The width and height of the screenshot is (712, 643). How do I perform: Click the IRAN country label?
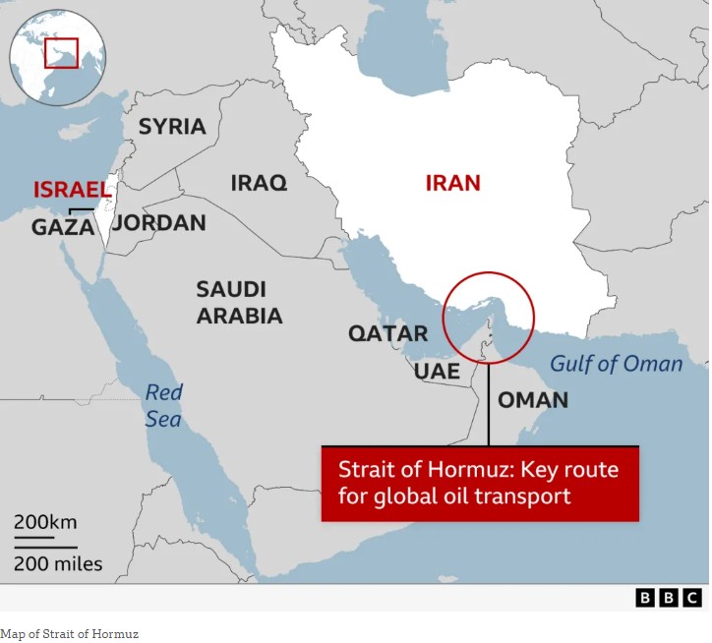tap(452, 182)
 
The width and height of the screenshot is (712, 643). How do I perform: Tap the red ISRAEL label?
tap(70, 190)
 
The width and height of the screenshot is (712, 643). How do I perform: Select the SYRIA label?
tap(172, 126)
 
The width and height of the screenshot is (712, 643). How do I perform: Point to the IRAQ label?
tap(259, 182)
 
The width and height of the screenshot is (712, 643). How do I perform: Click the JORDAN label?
tap(158, 222)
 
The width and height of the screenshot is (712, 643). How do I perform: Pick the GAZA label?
tap(63, 227)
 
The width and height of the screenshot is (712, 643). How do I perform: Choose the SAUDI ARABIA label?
tap(239, 302)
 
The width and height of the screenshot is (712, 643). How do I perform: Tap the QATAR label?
tap(387, 333)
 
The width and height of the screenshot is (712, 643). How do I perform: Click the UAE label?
tap(436, 371)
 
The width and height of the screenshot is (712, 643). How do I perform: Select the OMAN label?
tap(532, 399)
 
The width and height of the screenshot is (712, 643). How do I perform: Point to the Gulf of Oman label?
tap(616, 364)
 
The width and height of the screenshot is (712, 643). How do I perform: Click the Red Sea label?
tap(164, 406)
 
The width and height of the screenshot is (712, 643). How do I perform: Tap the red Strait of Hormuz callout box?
tap(480, 483)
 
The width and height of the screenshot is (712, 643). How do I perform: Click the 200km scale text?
tap(45, 521)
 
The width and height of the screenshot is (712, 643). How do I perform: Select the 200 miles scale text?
tap(58, 563)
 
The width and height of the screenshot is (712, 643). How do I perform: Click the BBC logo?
tap(669, 597)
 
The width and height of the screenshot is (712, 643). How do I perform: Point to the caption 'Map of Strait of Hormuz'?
tap(69, 634)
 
